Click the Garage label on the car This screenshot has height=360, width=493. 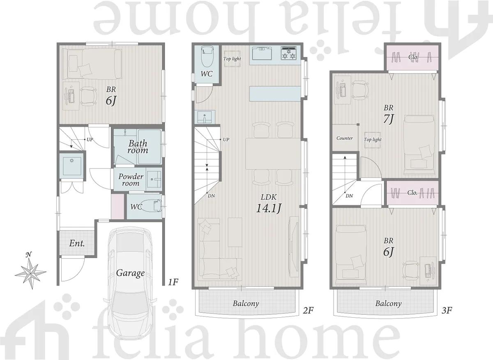[130, 273]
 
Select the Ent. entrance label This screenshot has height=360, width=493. [77, 243]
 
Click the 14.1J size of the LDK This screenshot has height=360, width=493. [269, 208]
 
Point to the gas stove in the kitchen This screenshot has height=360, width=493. [289, 53]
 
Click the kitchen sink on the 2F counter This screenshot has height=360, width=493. [262, 53]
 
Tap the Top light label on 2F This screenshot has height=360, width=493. [232, 59]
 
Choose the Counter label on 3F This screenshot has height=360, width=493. [345, 138]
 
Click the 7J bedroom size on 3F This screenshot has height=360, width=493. [388, 119]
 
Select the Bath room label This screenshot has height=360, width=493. [138, 147]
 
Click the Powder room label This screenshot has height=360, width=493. [131, 180]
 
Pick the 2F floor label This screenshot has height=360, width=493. [308, 310]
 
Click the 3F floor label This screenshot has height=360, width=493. [447, 310]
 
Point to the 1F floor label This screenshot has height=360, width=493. [173, 282]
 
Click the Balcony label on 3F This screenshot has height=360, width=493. [389, 304]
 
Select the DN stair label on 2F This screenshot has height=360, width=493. [212, 196]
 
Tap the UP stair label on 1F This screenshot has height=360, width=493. [90, 139]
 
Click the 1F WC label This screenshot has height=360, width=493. [136, 207]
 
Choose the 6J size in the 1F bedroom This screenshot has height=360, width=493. [111, 101]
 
